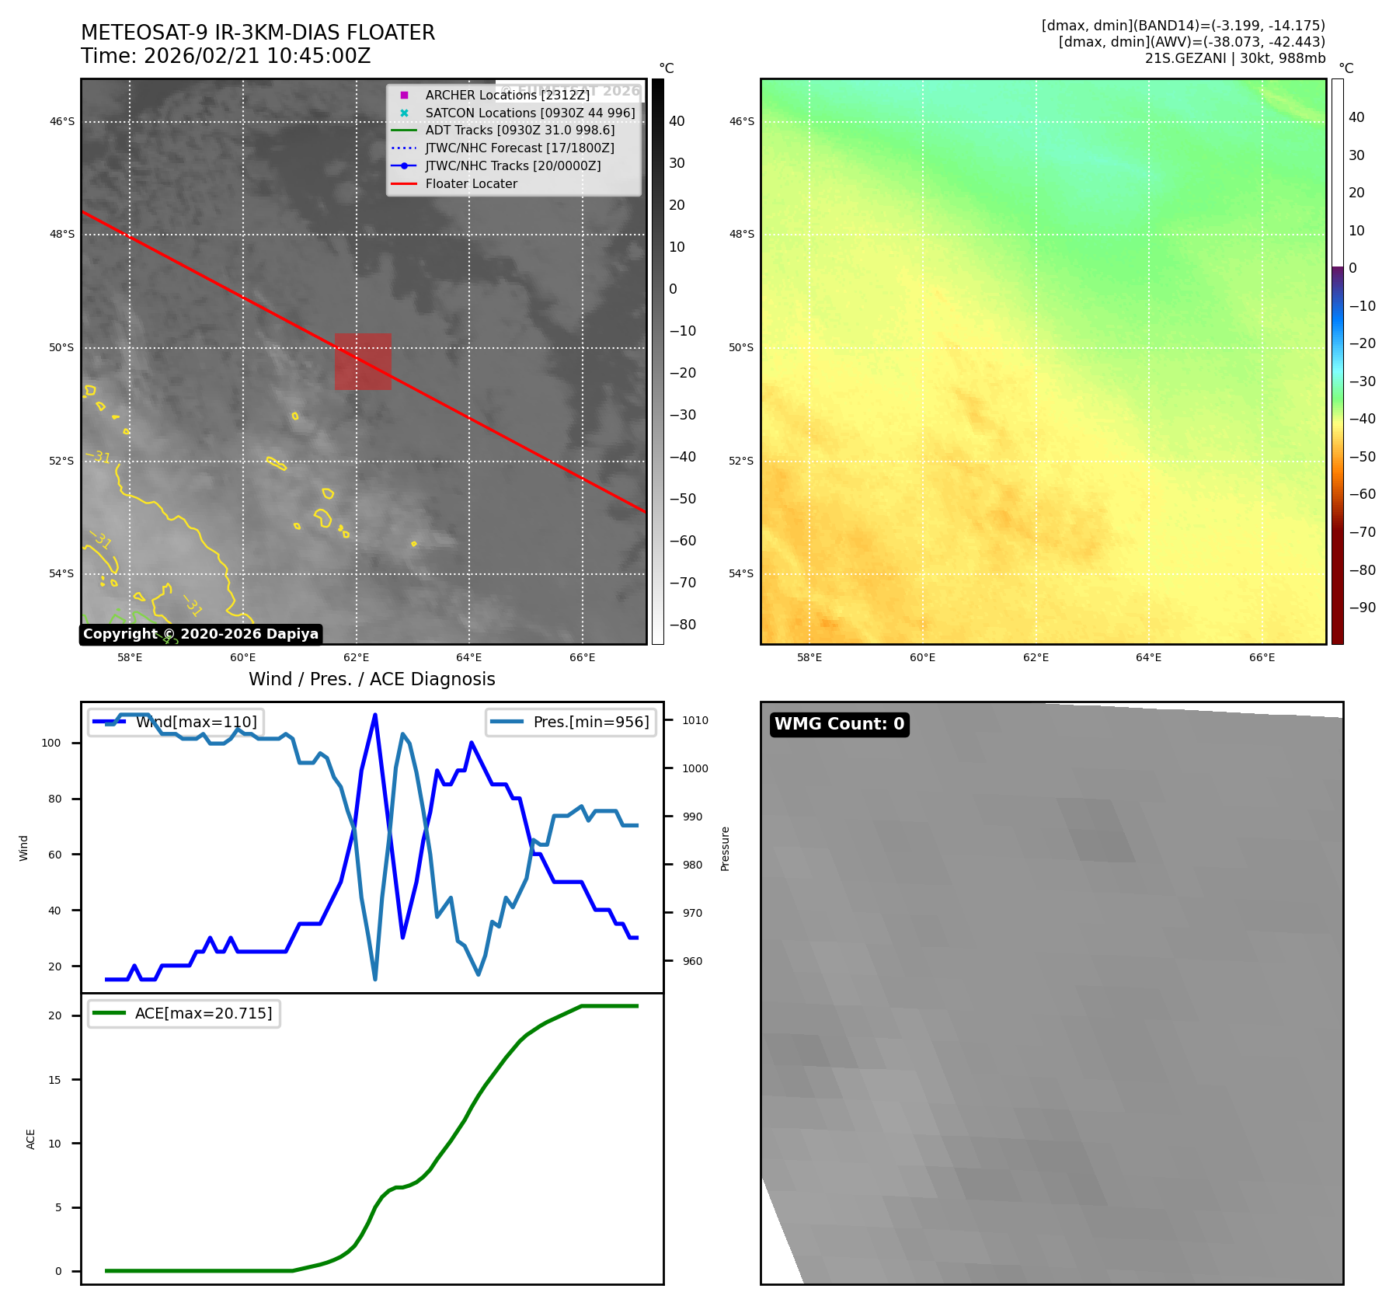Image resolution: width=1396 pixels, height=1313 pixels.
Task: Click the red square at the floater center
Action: [x=363, y=361]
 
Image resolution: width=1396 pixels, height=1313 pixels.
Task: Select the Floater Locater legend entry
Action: [x=471, y=184]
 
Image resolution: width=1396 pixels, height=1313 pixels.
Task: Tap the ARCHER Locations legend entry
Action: [x=507, y=95]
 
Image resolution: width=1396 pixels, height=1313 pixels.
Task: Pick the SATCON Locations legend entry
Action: [x=530, y=113]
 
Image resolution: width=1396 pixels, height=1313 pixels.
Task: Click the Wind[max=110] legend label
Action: [x=196, y=722]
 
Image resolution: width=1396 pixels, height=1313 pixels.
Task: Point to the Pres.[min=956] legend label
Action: [x=590, y=722]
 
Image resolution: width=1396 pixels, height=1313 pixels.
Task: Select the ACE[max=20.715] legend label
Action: [x=204, y=1013]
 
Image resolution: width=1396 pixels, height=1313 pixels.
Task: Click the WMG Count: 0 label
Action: [x=839, y=724]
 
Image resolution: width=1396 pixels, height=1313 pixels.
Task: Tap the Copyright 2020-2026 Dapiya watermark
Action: [x=200, y=634]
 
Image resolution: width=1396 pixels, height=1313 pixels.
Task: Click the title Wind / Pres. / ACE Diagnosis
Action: [x=371, y=679]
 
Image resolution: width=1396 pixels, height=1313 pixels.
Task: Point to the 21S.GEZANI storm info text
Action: [x=1234, y=58]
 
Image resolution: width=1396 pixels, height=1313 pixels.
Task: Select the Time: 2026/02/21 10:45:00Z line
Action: [x=226, y=57]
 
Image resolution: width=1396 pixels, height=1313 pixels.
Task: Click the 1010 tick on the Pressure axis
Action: [x=695, y=720]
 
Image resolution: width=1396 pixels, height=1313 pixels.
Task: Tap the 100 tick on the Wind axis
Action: [x=51, y=743]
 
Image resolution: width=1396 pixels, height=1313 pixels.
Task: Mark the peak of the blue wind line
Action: [x=375, y=715]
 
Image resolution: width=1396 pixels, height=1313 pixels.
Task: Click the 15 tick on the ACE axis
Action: [x=54, y=1080]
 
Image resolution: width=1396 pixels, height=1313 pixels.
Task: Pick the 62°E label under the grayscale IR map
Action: [x=356, y=658]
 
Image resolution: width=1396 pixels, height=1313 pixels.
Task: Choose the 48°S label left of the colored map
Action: [x=741, y=234]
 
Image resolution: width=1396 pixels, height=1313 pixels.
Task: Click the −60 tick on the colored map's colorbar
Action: [x=1362, y=494]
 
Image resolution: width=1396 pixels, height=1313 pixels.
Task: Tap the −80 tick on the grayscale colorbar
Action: [x=683, y=625]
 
